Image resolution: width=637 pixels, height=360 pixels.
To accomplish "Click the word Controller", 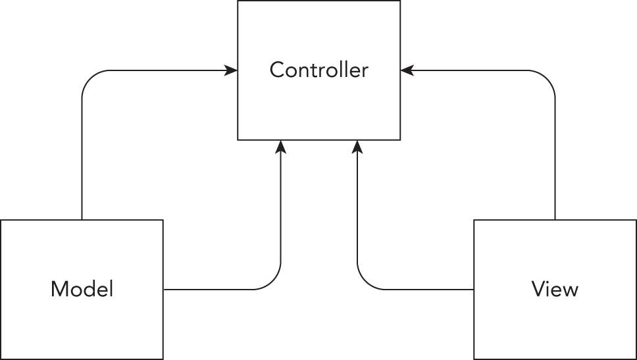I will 318,70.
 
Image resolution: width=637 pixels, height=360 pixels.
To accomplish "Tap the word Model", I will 82,289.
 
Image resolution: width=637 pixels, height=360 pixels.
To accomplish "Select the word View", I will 555,289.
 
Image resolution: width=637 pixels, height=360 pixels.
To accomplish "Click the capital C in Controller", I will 277,70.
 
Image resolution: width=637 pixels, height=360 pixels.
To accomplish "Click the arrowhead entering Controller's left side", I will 232,70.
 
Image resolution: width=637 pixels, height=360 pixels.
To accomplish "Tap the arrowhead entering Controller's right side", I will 406,70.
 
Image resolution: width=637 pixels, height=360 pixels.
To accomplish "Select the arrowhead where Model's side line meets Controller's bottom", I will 281,146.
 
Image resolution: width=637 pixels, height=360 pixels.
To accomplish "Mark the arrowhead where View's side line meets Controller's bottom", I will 357,146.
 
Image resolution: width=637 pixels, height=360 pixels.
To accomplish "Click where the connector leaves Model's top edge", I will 82,220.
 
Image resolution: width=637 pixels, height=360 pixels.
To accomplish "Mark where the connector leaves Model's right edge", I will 163,289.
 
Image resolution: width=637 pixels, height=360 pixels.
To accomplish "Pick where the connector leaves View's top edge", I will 555,220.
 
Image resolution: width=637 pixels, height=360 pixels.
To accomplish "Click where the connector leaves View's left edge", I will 474,289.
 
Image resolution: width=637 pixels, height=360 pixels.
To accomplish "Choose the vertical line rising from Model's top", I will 82,158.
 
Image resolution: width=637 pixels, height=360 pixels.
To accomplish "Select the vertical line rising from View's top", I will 555,158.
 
